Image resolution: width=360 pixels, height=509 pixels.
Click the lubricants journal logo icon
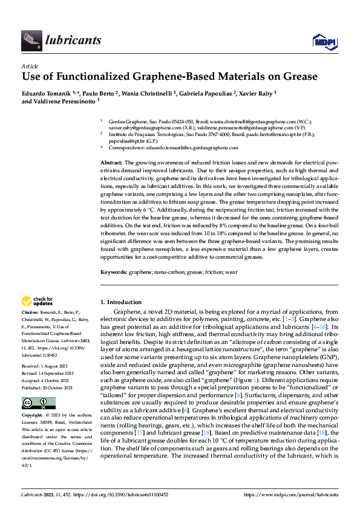pyautogui.click(x=30, y=40)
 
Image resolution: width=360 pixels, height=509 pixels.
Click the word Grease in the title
pyautogui.click(x=296, y=76)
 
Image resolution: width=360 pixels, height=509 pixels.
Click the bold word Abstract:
pyautogui.click(x=111, y=163)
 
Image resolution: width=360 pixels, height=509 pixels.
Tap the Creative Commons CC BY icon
pyautogui.click(x=38, y=403)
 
